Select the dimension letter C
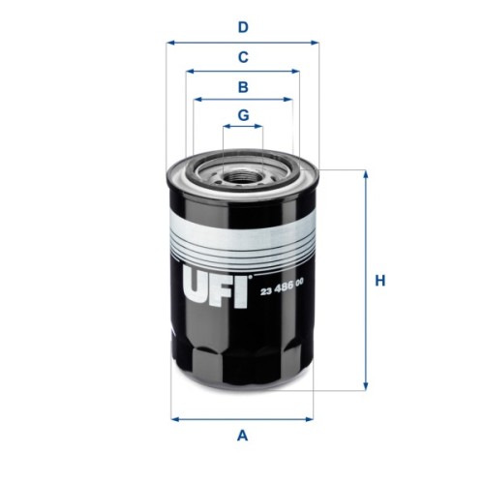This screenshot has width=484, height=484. point(243,56)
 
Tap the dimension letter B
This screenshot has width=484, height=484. point(243,86)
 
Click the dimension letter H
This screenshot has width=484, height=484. point(380,281)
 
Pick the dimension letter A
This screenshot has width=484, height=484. point(243,435)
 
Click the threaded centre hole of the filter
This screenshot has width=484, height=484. point(243,176)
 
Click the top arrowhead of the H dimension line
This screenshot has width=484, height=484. point(365,174)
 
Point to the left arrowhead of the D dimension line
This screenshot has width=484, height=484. point(169,43)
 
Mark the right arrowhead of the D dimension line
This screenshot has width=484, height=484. point(315,43)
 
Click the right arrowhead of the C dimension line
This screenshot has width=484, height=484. point(296,71)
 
